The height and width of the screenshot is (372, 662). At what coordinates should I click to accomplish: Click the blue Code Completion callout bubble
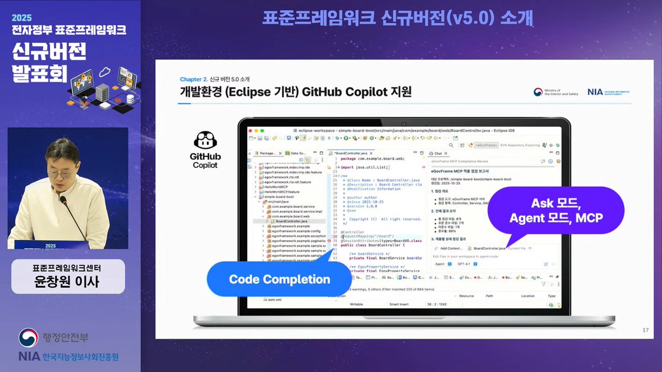tap(279, 279)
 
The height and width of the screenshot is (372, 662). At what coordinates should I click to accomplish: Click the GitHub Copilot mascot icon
tap(205, 141)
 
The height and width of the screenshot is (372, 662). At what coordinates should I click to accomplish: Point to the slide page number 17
tap(645, 330)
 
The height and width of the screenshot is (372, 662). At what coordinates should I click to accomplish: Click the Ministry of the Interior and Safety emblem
tap(538, 93)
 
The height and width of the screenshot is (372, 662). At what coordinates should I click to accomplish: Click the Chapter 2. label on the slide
tap(194, 79)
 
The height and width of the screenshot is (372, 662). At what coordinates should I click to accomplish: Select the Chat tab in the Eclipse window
tap(437, 153)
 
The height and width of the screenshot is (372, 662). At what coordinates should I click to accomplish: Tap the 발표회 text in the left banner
tap(36, 74)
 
